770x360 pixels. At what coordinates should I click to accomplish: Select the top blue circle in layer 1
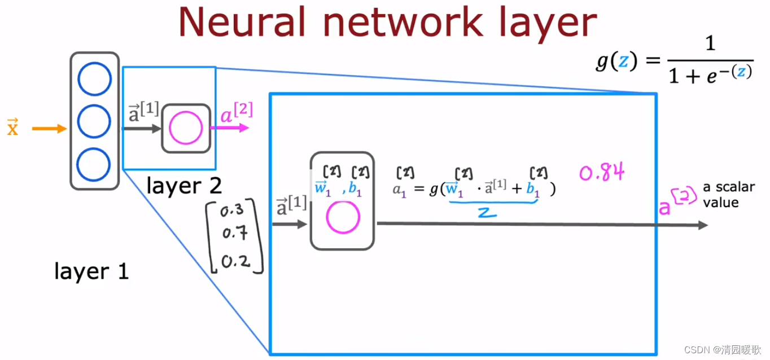click(x=94, y=80)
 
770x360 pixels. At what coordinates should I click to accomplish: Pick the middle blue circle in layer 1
click(x=94, y=121)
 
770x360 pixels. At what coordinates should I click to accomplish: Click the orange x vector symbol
click(x=12, y=128)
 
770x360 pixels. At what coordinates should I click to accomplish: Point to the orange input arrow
click(x=50, y=129)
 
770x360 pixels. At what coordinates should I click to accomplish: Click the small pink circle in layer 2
click(x=186, y=128)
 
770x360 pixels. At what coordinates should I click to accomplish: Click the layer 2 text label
click(x=184, y=186)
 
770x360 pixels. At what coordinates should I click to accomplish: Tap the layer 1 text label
click(x=91, y=271)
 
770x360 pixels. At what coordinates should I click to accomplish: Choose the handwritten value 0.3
click(x=232, y=211)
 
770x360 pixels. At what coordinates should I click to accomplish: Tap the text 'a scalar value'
click(x=728, y=195)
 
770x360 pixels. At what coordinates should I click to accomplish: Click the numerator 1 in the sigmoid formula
click(x=710, y=44)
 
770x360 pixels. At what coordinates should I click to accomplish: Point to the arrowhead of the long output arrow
click(x=703, y=225)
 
